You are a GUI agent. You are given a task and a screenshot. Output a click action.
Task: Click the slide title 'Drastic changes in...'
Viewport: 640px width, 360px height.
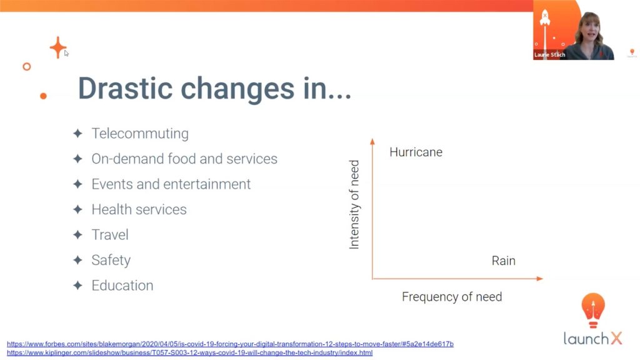coord(214,89)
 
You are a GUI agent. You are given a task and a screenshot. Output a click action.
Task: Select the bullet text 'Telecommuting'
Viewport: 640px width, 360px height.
coord(140,134)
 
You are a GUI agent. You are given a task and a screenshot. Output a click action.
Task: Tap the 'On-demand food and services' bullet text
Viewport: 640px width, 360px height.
coord(184,159)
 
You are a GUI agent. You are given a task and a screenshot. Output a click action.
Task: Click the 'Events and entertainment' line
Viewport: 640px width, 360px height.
coord(171,184)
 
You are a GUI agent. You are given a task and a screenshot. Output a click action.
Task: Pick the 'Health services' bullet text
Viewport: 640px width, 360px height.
coord(139,209)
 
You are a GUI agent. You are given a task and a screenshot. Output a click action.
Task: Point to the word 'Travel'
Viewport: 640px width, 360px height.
coord(110,235)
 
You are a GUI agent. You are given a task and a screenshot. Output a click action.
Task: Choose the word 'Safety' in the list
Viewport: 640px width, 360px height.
coord(111,260)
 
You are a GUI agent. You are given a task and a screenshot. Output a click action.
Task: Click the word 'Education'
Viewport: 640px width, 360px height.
coord(122,286)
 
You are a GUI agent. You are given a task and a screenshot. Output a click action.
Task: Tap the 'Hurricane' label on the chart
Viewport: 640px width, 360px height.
coord(416,152)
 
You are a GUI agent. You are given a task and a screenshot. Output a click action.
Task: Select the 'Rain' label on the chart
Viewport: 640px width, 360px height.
coord(503,261)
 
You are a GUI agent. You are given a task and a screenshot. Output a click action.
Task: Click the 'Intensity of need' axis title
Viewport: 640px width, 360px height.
coord(354,205)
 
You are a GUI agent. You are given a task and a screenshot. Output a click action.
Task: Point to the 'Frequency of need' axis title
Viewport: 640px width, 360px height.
coord(452,297)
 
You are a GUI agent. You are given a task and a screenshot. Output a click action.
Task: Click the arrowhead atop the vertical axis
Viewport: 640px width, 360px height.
coord(372,141)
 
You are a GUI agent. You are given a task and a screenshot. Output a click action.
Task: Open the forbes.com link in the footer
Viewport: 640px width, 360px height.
coord(230,344)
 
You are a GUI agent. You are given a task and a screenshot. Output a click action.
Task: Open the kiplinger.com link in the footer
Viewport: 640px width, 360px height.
coord(189,353)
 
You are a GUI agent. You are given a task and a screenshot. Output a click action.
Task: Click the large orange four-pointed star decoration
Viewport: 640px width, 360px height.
coord(58,47)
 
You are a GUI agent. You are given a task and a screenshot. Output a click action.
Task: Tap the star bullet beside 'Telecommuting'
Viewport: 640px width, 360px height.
coord(77,134)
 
